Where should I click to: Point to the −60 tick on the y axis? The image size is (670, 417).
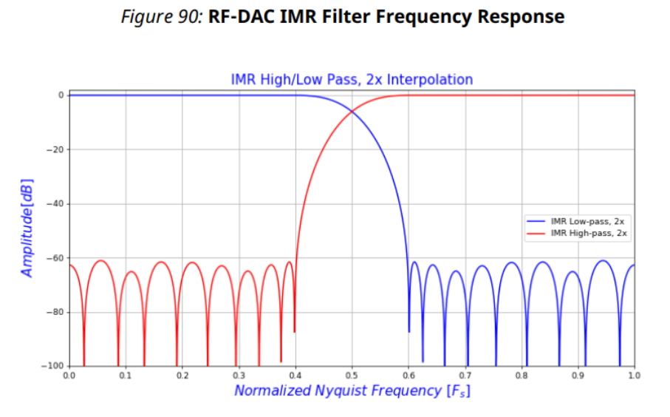(56, 258)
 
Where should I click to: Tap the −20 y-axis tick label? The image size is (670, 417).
(56, 149)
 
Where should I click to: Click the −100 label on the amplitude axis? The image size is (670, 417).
(54, 366)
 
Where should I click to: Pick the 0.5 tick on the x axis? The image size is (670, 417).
(352, 376)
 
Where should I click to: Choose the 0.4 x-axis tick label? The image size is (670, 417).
(295, 376)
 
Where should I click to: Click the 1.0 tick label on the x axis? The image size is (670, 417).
(634, 376)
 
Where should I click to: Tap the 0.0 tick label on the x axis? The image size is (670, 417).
(69, 376)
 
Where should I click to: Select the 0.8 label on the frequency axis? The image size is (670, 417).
(521, 376)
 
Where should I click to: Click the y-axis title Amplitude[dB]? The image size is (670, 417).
(27, 227)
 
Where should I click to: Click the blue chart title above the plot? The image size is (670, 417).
(352, 79)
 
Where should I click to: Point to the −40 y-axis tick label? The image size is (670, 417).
(56, 204)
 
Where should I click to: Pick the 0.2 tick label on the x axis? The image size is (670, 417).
(182, 376)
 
